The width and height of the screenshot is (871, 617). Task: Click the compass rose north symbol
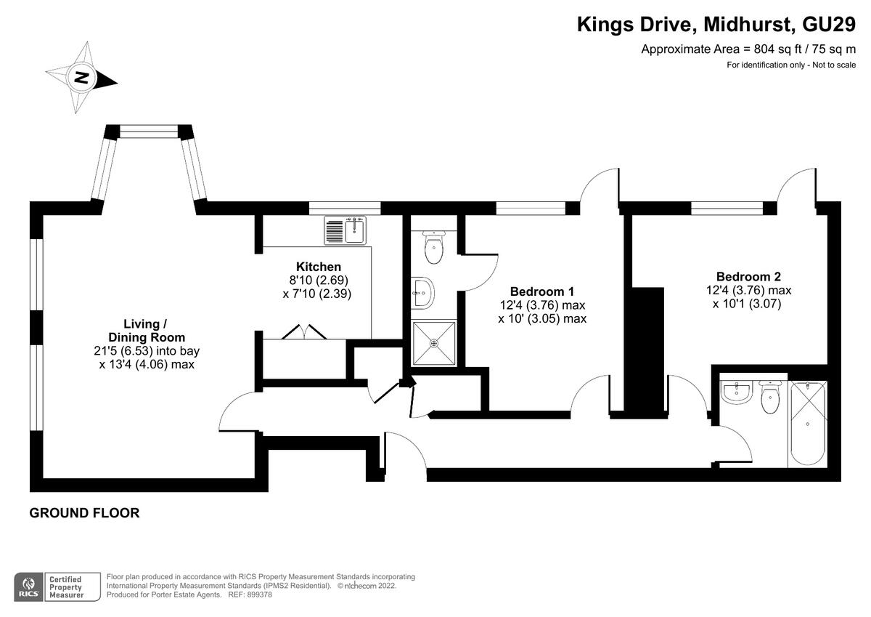click(x=82, y=78)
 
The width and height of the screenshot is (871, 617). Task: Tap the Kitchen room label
click(x=319, y=267)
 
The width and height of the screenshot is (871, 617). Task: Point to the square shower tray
click(x=434, y=343)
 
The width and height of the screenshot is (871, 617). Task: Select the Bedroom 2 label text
click(x=748, y=276)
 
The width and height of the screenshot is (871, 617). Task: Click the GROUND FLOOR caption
click(x=84, y=513)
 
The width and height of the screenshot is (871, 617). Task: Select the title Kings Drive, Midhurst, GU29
click(x=716, y=24)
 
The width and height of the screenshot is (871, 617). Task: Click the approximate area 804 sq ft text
click(x=748, y=49)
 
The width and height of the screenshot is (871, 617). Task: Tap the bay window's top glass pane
click(x=149, y=132)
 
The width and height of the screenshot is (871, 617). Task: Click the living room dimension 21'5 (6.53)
click(x=115, y=351)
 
